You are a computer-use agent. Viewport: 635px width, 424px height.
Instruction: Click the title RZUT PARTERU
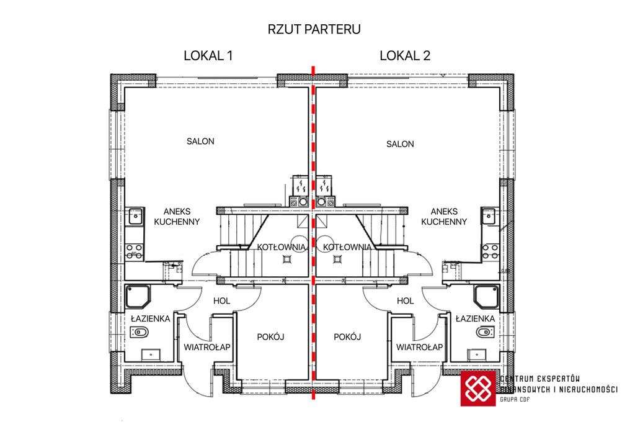(x=314, y=29)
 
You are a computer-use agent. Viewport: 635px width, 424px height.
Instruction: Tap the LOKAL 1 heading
(x=208, y=55)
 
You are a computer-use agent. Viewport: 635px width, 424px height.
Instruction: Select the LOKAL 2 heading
(x=405, y=55)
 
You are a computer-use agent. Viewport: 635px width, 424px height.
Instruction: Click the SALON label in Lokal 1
(x=200, y=142)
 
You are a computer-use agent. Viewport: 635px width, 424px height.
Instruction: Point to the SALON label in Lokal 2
(x=400, y=144)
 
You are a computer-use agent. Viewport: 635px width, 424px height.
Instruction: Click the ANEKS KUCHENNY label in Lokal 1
(x=177, y=216)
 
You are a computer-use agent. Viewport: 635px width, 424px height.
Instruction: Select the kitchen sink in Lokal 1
(x=134, y=216)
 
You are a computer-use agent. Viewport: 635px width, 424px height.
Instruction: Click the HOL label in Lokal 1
(x=221, y=300)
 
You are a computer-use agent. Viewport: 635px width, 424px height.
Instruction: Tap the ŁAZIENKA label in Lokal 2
(x=475, y=318)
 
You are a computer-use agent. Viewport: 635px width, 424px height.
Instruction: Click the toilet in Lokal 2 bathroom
(x=484, y=333)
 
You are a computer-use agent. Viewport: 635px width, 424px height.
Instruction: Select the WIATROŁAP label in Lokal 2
(x=419, y=347)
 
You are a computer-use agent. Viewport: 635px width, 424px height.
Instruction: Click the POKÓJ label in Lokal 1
(x=270, y=336)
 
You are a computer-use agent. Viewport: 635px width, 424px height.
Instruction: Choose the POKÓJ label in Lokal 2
(x=347, y=336)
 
